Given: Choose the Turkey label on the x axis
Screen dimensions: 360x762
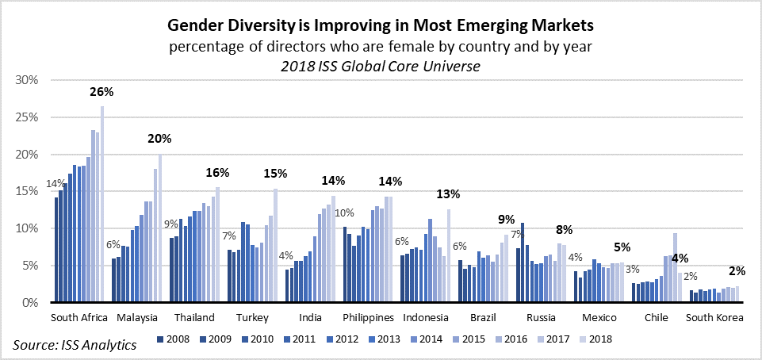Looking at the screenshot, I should [x=253, y=318].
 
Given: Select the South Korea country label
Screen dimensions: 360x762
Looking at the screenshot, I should [x=714, y=318].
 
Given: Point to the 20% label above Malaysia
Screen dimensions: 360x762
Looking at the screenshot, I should [x=160, y=138].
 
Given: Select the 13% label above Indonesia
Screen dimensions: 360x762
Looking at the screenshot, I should [x=449, y=193].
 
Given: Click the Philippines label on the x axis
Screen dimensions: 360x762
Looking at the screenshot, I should [x=368, y=318].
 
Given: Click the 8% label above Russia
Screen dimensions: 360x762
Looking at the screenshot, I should [x=564, y=230].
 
